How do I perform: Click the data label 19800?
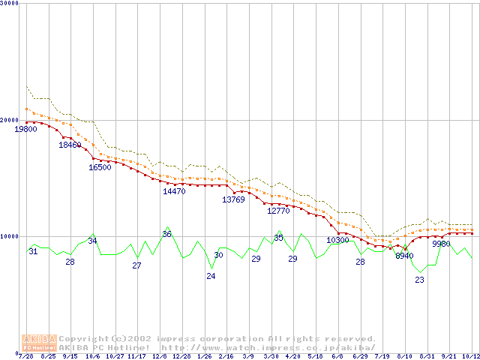click(x=25, y=129)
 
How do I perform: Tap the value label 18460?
click(x=70, y=145)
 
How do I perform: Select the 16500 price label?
click(x=100, y=167)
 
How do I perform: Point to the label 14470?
click(x=174, y=191)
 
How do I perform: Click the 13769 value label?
click(x=233, y=199)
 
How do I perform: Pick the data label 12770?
click(x=278, y=211)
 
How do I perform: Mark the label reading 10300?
click(x=337, y=240)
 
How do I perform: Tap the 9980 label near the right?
click(x=441, y=244)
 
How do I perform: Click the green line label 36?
click(x=166, y=234)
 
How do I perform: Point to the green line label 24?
click(x=211, y=276)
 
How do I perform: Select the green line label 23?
click(x=419, y=280)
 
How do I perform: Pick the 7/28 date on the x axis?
click(x=25, y=355)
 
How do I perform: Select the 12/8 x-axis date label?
click(x=160, y=355)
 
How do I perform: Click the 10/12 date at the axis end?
click(x=470, y=355)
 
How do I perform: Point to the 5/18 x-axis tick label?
click(x=315, y=355)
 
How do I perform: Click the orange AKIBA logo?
click(x=39, y=343)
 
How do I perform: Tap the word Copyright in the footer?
click(x=82, y=339)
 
